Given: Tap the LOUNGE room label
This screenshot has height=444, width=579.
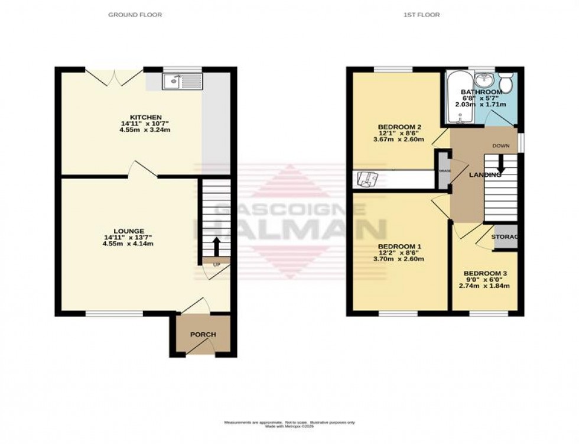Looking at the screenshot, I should point(129,231).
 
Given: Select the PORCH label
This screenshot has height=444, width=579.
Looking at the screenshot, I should point(203,335).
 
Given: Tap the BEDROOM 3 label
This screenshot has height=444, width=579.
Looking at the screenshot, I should point(485,274).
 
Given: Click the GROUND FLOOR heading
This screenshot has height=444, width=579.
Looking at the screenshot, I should point(135,15).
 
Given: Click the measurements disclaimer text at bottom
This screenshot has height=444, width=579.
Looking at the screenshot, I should point(289,424).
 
